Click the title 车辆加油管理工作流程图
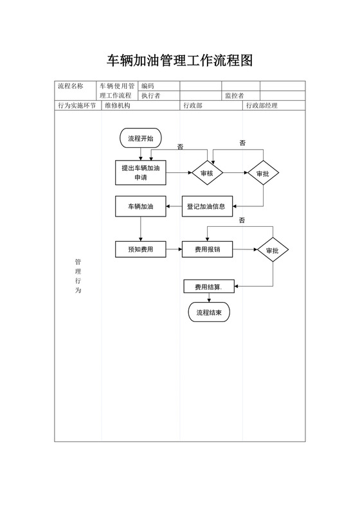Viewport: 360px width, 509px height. pos(179,61)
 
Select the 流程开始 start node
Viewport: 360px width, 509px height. pos(141,138)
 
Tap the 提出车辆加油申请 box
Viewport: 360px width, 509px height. pos(141,172)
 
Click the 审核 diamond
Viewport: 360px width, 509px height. pos(206,172)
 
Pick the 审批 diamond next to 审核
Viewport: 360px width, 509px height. pos(263,173)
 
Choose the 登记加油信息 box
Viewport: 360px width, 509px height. pos(206,206)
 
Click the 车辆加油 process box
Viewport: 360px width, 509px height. pos(141,206)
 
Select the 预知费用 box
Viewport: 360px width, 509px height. pos(141,249)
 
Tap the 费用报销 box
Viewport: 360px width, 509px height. pos(207,249)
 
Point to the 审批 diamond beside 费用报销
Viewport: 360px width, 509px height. pos(273,249)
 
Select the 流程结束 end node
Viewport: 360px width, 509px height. pos(209,312)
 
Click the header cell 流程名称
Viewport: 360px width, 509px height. pos(71,85)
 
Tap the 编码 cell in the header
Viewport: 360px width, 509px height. pos(148,85)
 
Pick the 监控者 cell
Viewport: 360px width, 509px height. pos(234,96)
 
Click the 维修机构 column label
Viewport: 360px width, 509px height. pos(118,105)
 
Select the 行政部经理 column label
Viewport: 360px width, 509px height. pos(262,105)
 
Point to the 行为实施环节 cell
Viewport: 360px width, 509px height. pos(77,105)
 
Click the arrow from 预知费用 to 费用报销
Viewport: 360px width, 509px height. pos(174,249)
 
